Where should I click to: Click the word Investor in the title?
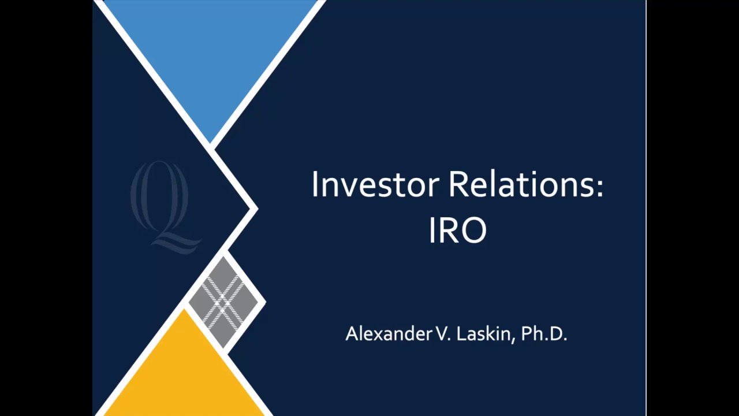tap(375, 185)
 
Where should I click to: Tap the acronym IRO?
tap(458, 230)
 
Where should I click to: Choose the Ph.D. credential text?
tap(544, 334)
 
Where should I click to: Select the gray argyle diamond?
tap(223, 301)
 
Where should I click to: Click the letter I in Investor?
tap(315, 185)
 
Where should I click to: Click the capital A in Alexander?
tap(351, 334)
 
